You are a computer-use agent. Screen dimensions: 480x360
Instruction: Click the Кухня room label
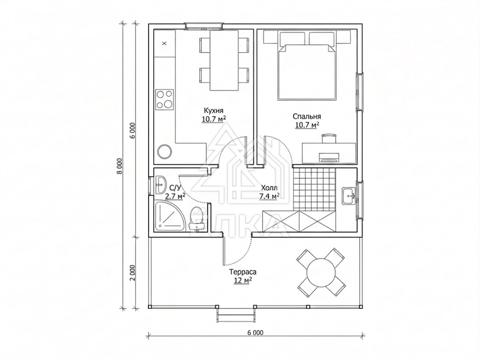pyautogui.click(x=214, y=110)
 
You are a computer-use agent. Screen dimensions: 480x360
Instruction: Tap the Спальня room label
pyautogui.click(x=307, y=117)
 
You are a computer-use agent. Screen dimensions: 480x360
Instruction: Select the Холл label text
pyautogui.click(x=269, y=188)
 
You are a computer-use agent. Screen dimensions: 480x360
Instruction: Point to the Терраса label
pyautogui.click(x=243, y=272)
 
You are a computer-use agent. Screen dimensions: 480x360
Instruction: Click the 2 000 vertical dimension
pyautogui.click(x=132, y=273)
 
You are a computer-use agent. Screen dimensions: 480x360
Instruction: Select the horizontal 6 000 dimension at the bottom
pyautogui.click(x=255, y=333)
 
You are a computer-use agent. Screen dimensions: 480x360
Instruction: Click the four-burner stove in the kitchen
pyautogui.click(x=165, y=100)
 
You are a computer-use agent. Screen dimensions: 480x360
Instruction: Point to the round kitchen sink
pyautogui.click(x=165, y=151)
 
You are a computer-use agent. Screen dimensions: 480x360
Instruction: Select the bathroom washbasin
pyautogui.click(x=160, y=185)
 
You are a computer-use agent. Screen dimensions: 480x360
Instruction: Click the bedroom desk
pyautogui.click(x=329, y=152)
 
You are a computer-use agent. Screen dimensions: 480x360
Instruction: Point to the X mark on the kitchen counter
pyautogui.click(x=164, y=43)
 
